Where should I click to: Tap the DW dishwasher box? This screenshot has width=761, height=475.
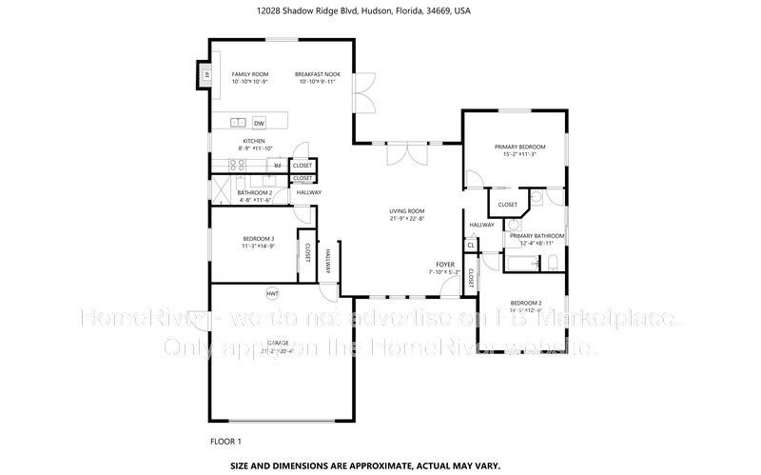click(x=259, y=123)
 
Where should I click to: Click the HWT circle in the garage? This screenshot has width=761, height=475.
click(x=272, y=292)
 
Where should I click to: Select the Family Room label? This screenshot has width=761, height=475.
click(x=250, y=74)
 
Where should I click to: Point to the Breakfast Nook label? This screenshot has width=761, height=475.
click(x=317, y=74)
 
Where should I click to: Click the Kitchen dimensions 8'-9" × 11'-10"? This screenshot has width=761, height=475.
click(x=255, y=148)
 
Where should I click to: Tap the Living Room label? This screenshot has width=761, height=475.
click(x=406, y=210)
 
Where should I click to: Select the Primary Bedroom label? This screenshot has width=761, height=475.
click(x=517, y=147)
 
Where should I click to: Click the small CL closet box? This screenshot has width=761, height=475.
click(x=471, y=245)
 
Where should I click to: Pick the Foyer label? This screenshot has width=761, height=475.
click(x=444, y=264)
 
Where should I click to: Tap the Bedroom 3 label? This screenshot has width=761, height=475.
click(x=259, y=238)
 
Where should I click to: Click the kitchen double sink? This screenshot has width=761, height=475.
click(x=237, y=123)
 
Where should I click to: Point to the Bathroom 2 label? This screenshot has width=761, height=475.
click(x=255, y=192)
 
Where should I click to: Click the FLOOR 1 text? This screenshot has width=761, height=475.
click(x=225, y=441)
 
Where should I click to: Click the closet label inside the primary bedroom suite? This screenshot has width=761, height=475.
click(x=508, y=204)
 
